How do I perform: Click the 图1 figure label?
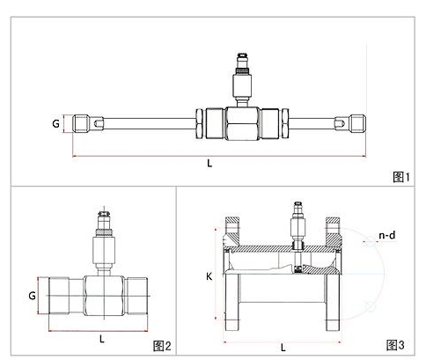401,177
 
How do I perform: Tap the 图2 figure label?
162,346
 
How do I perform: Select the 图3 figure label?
395,345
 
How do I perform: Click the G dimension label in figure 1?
55,123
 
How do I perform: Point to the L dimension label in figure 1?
209,163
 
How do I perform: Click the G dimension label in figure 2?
32,295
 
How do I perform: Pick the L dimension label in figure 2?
102,339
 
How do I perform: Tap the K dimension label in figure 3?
209,276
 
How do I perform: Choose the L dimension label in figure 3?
283,348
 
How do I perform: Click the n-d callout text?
387,235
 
